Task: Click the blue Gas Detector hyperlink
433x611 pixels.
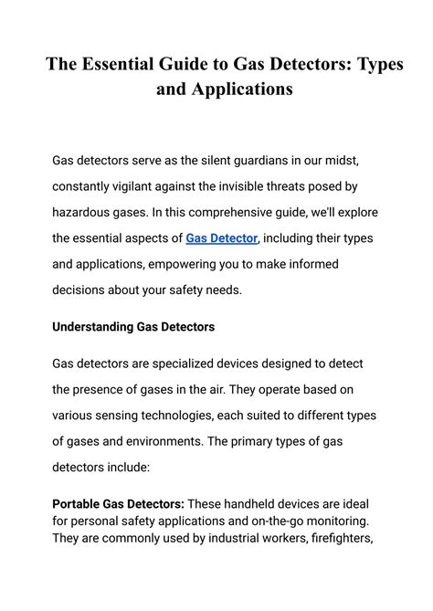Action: coord(222,238)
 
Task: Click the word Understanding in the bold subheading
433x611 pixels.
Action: coord(93,326)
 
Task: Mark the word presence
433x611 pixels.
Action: coord(105,389)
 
